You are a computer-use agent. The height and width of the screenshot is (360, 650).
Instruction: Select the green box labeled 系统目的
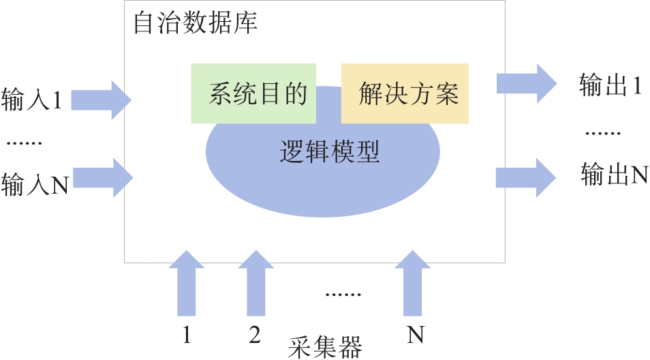pyautogui.click(x=253, y=93)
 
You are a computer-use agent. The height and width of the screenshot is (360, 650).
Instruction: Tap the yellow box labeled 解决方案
pyautogui.click(x=405, y=93)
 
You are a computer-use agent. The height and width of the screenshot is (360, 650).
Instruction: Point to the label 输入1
pyautogui.click(x=32, y=100)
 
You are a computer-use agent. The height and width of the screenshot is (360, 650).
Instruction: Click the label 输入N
pyautogui.click(x=35, y=185)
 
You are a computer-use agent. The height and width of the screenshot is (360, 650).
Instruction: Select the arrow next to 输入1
pyautogui.click(x=101, y=100)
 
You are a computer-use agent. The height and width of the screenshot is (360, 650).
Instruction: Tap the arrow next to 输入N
pyautogui.click(x=102, y=179)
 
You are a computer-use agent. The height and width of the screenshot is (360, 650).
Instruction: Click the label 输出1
pyautogui.click(x=610, y=85)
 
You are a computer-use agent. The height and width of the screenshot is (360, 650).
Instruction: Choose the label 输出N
pyautogui.click(x=614, y=175)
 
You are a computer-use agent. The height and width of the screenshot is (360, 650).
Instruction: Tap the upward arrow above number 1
pyautogui.click(x=186, y=282)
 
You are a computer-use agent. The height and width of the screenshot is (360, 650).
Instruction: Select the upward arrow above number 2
pyautogui.click(x=256, y=282)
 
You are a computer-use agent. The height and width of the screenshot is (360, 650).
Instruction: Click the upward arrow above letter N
pyautogui.click(x=413, y=282)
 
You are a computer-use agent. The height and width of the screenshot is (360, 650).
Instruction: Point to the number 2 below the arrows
pyautogui.click(x=255, y=335)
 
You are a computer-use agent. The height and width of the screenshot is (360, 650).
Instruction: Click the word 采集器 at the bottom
pyautogui.click(x=325, y=346)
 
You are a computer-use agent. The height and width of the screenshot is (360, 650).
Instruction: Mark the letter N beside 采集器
pyautogui.click(x=416, y=335)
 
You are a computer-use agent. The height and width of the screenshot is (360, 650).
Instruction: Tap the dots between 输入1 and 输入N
pyautogui.click(x=25, y=143)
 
